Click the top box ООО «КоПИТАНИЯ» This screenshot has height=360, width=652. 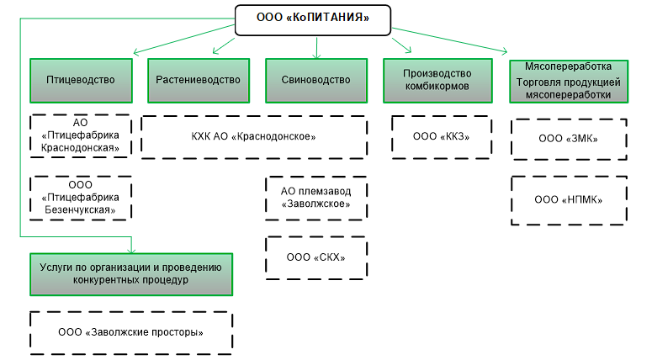(314, 19)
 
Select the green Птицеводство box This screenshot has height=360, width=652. (80, 81)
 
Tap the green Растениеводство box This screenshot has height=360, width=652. (199, 81)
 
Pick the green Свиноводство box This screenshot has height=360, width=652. (316, 81)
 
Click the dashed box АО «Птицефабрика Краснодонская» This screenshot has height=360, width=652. (80, 136)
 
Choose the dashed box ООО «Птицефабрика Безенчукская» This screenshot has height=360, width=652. (80, 197)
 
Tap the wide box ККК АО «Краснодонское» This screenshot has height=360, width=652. (253, 136)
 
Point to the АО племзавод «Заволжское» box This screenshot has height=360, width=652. (315, 198)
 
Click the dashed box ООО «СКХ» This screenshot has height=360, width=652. (315, 257)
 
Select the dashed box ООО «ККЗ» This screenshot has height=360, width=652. (441, 136)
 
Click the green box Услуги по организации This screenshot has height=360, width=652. (130, 273)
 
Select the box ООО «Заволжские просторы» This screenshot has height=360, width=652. (130, 332)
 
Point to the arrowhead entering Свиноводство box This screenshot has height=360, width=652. (316, 56)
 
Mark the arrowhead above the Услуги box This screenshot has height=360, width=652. (131, 247)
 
